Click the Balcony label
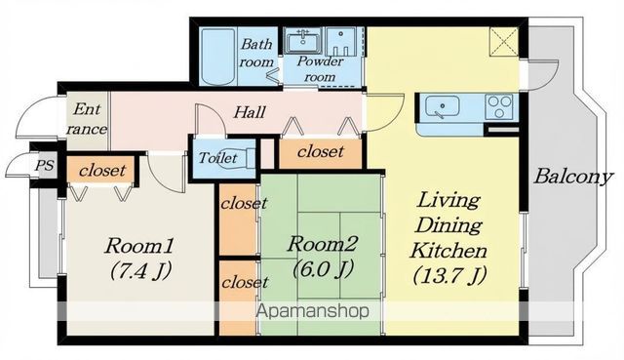(x=572, y=177)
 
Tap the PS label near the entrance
(x=44, y=165)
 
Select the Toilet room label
(x=217, y=158)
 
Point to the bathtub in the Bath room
(x=217, y=56)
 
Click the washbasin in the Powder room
(x=303, y=41)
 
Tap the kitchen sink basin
(x=442, y=106)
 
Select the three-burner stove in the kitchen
(x=500, y=106)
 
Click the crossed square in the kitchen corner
(x=504, y=41)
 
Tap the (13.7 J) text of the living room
(x=449, y=276)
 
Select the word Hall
(x=250, y=112)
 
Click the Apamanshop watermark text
(x=312, y=310)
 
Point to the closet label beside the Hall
(x=320, y=151)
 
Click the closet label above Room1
(x=102, y=171)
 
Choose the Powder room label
(x=320, y=69)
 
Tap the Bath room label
(x=256, y=53)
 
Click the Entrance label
(x=87, y=119)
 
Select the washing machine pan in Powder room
(x=340, y=41)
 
